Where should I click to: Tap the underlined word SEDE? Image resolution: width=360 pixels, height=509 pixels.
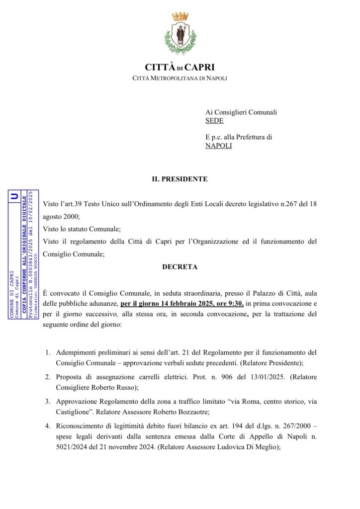tap(214, 121)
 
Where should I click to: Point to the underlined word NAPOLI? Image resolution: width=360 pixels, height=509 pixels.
tap(219, 146)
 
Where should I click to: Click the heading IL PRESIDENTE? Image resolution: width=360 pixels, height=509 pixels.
tap(180, 179)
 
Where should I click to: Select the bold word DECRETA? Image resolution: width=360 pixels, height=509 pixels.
tap(180, 267)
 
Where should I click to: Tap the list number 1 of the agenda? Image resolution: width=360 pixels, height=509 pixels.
tap(48, 352)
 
